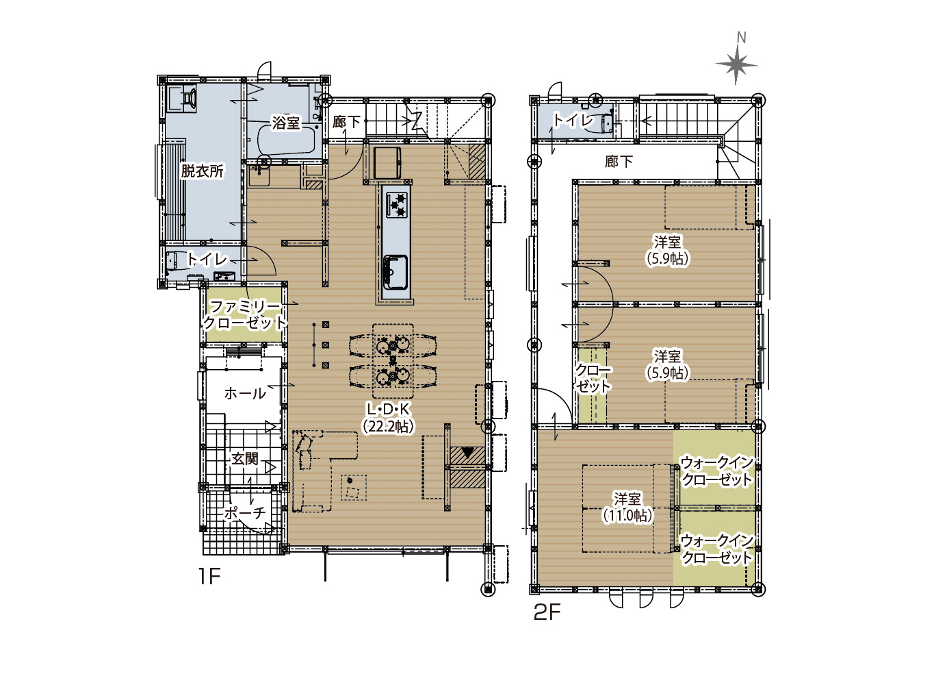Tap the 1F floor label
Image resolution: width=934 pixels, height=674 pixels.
point(209,577)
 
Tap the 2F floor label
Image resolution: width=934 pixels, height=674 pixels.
point(547,612)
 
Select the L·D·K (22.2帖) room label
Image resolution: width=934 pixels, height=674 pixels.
point(388,418)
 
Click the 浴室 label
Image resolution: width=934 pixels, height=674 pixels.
point(285,123)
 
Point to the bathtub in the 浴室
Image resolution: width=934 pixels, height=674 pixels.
point(286,140)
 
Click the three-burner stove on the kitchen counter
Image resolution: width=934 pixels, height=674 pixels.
point(397,205)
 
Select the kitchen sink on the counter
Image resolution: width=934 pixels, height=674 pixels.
point(395,272)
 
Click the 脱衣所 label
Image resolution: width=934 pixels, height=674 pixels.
point(203,171)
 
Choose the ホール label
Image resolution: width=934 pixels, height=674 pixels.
point(245,393)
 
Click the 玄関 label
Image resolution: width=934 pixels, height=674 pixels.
point(245,459)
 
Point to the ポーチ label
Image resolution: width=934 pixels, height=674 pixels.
point(245,513)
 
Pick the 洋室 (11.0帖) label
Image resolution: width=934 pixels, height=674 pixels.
point(627,507)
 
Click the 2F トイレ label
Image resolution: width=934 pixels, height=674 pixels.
point(573,120)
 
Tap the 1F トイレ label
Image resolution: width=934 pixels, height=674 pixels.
point(207,259)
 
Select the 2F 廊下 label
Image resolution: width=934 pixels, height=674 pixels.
point(619,162)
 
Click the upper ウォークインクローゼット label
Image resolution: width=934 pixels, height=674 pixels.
point(717,471)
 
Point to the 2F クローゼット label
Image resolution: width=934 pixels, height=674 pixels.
point(593,378)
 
